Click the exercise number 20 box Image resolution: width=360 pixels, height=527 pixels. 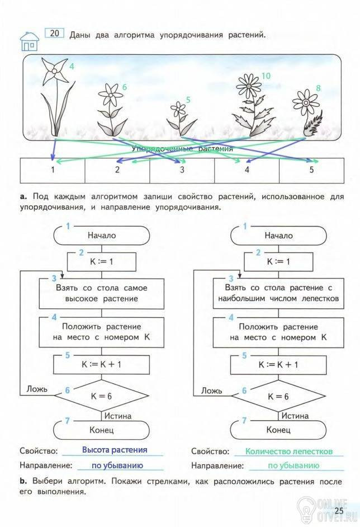coord(54,33)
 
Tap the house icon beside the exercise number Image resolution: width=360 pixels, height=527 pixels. coord(29,41)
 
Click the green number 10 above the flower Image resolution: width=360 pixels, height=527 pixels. coord(266,76)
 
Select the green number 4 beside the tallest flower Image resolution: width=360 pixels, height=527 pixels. coord(72,66)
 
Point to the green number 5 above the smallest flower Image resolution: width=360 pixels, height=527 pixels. coord(188,100)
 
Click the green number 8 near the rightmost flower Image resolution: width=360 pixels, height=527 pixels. coord(318,88)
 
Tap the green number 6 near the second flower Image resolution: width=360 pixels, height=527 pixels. coord(125,87)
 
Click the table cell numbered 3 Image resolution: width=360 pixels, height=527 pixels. coord(182,171)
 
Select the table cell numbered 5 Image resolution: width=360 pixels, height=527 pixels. coord(311,171)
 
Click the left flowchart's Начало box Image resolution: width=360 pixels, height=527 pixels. coord(102,236)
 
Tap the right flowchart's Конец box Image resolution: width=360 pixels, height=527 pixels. coord(278,430)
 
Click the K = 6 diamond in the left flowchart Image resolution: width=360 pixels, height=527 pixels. coord(101,396)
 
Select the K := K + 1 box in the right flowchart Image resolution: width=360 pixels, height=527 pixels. coord(278,365)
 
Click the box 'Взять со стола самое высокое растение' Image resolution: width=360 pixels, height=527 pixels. coord(102,293)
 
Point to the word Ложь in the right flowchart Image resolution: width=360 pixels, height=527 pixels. coord(211,391)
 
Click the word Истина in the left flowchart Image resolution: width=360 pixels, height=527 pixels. coord(118,416)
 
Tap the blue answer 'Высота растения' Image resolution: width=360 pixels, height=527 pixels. coord(115,450)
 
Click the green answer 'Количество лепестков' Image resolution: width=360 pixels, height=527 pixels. coord(289,451)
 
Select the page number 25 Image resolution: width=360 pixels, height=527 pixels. coord(339,511)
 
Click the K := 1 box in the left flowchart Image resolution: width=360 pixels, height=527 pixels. coord(102,262)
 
